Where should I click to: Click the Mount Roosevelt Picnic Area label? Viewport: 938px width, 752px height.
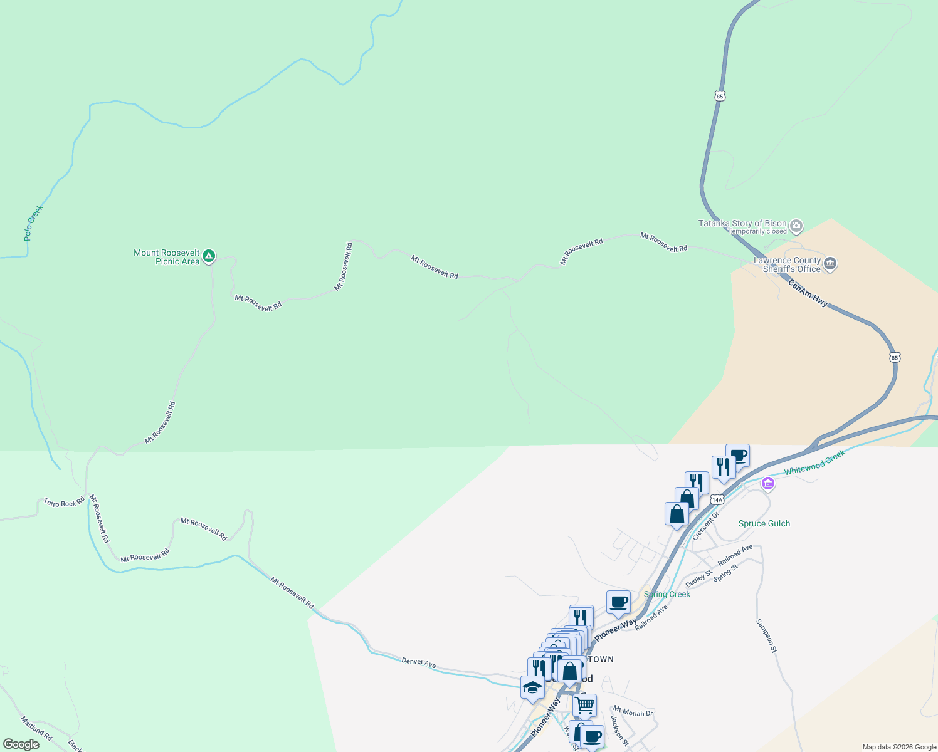[167, 258]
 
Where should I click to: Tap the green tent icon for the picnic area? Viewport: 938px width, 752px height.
[209, 256]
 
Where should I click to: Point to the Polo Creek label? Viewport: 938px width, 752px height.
[33, 223]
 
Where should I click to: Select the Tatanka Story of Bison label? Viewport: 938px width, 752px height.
[742, 224]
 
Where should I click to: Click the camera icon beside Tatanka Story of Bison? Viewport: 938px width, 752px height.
[796, 226]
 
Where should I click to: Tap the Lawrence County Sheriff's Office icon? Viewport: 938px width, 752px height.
[830, 263]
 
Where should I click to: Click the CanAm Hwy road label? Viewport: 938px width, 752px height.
[808, 293]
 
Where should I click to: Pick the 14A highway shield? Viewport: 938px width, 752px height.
[717, 499]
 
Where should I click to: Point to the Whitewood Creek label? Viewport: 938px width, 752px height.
[814, 462]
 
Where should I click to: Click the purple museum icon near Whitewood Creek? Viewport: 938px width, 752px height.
[767, 484]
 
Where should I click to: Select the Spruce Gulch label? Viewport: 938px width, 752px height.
[764, 524]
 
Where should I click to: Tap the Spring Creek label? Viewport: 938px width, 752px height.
[667, 594]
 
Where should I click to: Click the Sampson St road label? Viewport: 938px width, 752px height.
[766, 636]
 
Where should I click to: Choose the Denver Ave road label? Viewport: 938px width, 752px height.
[418, 662]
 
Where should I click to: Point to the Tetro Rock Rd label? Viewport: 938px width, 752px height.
[64, 503]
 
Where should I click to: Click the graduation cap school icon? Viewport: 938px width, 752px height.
[532, 687]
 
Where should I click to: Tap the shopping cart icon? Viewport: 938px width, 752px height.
[584, 705]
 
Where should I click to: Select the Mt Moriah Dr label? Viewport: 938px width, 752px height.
[633, 712]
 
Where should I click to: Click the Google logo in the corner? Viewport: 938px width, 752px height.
[21, 744]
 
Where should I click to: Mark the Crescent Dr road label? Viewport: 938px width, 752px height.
[705, 526]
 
